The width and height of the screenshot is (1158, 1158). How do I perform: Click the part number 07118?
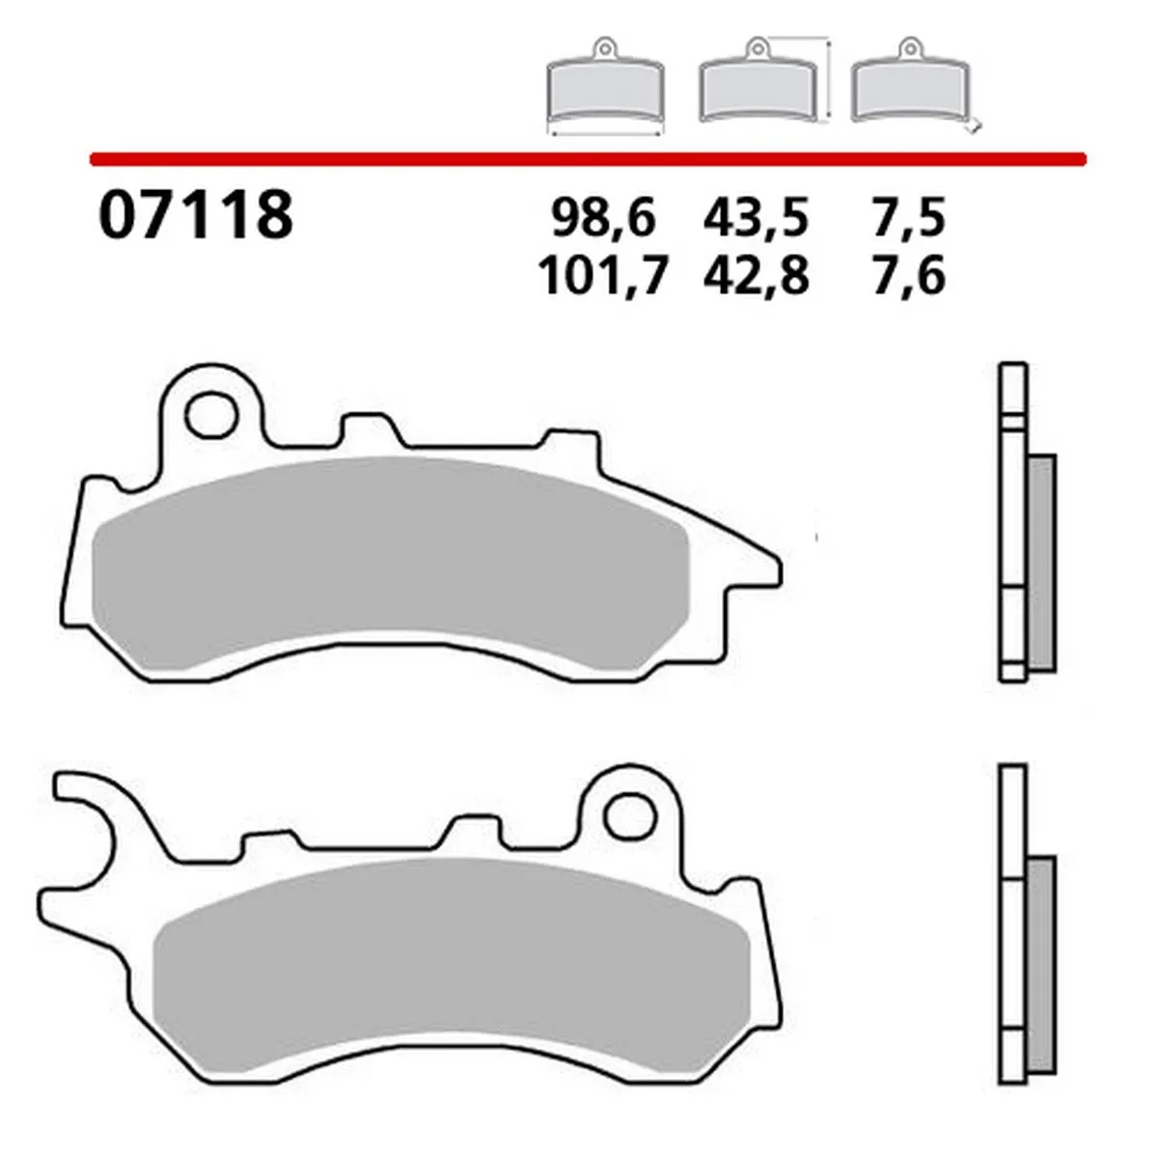194,214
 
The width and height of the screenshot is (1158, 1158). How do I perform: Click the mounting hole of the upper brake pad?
211,416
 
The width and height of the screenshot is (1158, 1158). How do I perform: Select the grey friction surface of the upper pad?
386,560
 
